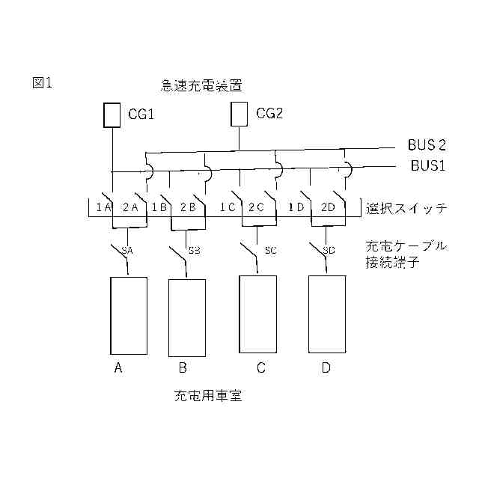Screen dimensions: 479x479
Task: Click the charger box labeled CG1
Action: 112,115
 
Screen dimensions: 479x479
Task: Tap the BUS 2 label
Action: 427,144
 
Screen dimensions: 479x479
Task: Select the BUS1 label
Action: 427,166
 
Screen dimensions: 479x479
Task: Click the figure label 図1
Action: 42,83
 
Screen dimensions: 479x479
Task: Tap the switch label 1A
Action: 103,207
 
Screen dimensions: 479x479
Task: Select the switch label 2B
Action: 187,207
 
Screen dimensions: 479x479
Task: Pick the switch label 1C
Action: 229,207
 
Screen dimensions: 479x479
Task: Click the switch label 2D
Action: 328,207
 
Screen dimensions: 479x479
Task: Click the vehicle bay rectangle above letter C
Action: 257,314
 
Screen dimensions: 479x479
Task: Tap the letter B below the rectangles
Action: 183,367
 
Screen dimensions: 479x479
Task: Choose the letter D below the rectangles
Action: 326,367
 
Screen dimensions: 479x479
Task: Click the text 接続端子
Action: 389,262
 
